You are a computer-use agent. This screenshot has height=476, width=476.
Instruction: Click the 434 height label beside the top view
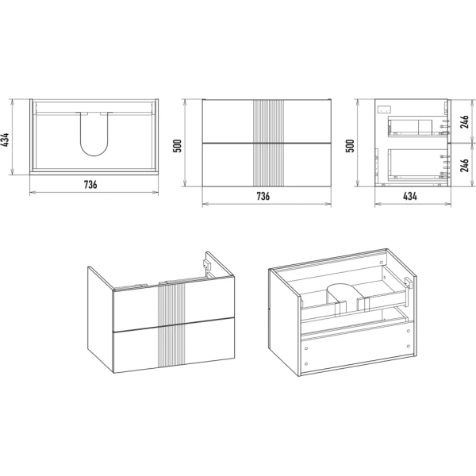[6, 140]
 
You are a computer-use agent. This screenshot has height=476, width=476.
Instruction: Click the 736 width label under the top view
[90, 184]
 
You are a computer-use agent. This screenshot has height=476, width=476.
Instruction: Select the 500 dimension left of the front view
[177, 146]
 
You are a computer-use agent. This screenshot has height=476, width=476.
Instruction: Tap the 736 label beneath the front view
[263, 196]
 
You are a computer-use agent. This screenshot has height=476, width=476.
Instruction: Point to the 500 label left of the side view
[351, 146]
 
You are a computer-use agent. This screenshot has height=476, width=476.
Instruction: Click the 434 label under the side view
[410, 196]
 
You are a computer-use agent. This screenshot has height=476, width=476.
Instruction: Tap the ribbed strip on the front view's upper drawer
[268, 121]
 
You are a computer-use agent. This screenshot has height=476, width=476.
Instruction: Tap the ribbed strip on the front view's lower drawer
[268, 164]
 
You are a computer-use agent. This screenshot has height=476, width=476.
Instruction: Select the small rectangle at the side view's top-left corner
[384, 109]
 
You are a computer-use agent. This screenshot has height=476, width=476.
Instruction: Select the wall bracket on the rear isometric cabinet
[409, 282]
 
